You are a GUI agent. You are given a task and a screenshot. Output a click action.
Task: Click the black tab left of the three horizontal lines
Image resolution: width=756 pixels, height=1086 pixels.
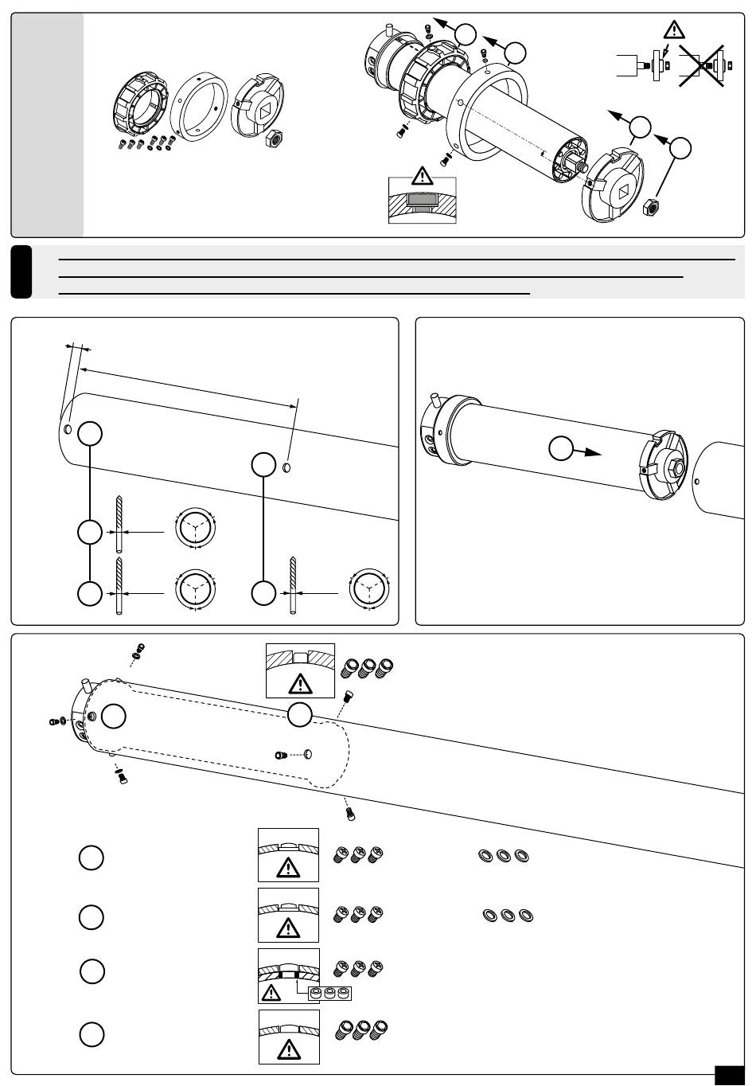[21, 271]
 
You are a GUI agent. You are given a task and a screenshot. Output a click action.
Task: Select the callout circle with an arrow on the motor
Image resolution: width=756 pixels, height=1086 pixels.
[562, 450]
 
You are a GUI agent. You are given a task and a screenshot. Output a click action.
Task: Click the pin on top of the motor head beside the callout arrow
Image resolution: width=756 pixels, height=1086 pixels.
[436, 397]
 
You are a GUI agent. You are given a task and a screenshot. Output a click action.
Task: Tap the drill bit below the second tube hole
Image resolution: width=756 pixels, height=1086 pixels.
[292, 586]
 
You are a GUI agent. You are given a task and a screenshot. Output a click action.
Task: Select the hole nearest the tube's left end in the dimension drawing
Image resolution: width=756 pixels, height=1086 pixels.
[68, 430]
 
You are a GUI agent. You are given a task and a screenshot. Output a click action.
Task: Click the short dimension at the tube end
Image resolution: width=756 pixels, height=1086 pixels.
[78, 348]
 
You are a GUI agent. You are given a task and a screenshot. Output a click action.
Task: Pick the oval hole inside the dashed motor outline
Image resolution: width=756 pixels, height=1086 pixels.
[309, 752]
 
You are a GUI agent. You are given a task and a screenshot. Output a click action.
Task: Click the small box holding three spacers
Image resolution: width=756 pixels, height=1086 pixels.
[329, 993]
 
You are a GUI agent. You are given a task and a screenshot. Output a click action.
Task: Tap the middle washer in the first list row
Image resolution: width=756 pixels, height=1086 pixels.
[503, 856]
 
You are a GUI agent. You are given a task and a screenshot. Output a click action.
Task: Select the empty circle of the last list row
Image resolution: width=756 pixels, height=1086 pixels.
[92, 1034]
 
